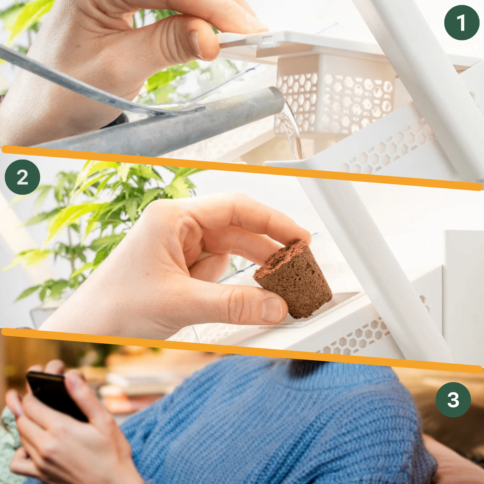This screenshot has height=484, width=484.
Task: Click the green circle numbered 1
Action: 462,22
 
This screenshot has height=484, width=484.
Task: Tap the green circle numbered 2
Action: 22,177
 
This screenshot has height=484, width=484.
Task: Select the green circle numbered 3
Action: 453,399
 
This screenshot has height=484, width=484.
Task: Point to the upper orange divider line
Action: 242,168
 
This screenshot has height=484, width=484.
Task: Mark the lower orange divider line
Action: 242,350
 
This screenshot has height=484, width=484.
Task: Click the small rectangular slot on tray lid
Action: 267,39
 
